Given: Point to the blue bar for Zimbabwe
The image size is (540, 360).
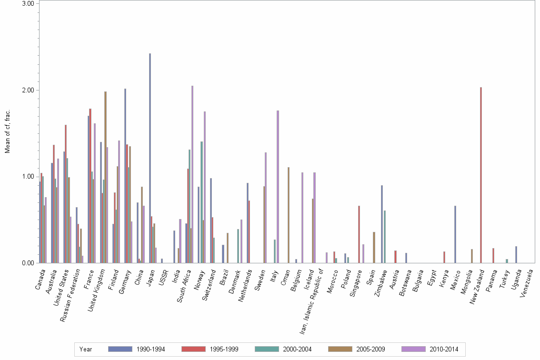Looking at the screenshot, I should click(x=382, y=224).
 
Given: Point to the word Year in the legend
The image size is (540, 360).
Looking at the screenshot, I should click(x=86, y=349).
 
